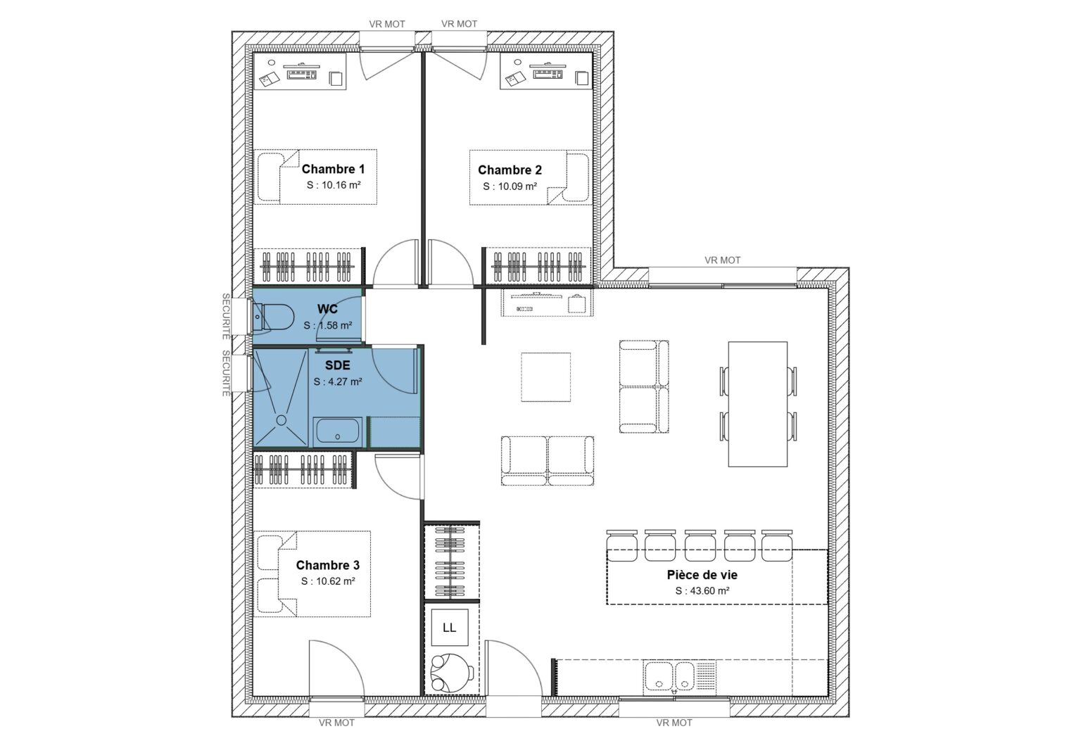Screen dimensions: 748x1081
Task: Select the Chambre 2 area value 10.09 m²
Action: click(510, 187)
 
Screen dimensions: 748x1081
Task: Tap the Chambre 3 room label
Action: click(327, 565)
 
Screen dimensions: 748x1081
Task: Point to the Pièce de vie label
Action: click(702, 575)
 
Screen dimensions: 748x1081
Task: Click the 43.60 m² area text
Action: click(702, 591)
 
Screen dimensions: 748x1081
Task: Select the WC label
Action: click(327, 309)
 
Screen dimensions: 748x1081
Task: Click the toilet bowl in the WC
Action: click(274, 317)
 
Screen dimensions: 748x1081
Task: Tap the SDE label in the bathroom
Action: click(337, 366)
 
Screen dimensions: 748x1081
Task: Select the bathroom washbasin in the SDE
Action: click(338, 431)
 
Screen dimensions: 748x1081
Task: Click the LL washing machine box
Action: click(449, 627)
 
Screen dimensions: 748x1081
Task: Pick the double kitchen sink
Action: click(669, 677)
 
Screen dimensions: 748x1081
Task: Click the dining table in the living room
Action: click(757, 404)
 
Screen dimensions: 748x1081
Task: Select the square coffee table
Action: click(546, 376)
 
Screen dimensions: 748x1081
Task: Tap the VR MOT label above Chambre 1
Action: click(387, 24)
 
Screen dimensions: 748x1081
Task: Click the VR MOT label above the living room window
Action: click(722, 260)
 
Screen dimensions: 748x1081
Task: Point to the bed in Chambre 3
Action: click(313, 574)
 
